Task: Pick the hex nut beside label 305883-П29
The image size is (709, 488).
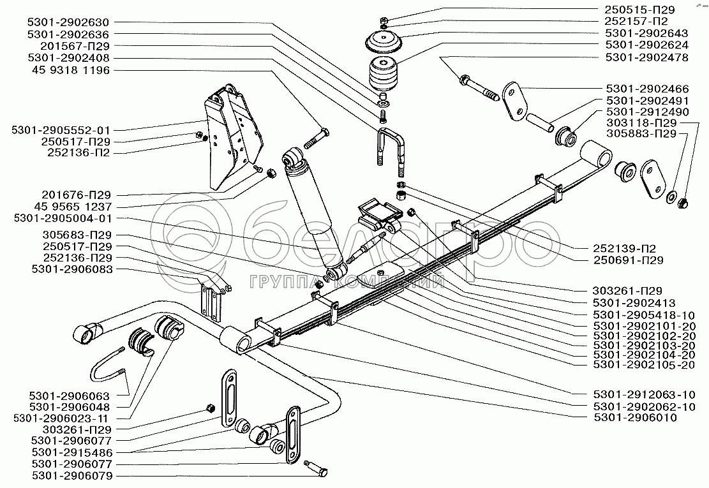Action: (x=681, y=203)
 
